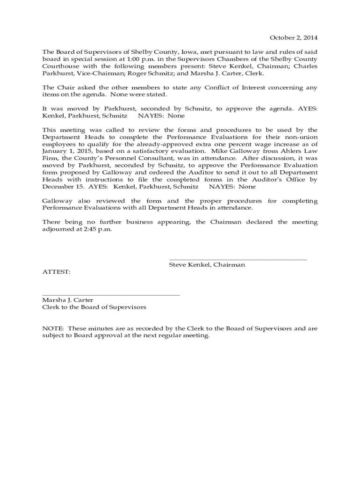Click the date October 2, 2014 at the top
point(294,38)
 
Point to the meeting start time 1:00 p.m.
point(138,59)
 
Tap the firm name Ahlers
point(288,151)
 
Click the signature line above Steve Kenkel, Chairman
point(238,260)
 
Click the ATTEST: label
point(57,271)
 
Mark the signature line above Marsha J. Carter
point(111,295)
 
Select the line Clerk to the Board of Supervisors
point(94,307)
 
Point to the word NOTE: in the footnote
point(51,328)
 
